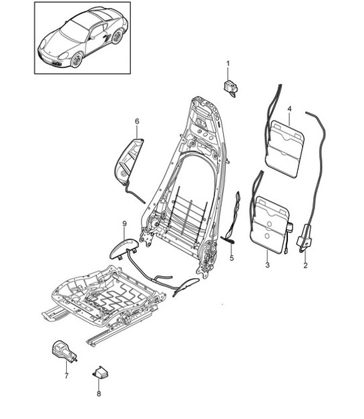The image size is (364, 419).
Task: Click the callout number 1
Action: tap(227, 63)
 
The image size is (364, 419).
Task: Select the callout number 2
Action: tap(305, 266)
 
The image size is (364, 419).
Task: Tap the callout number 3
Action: tap(266, 266)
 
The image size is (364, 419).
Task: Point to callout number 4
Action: tap(289, 108)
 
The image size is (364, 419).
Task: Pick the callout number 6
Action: tap(137, 121)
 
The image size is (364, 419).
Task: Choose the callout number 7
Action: tap(66, 376)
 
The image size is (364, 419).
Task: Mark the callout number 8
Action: tap(98, 394)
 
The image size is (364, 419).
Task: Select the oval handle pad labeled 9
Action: tap(124, 246)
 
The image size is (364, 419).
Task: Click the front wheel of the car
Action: tap(77, 61)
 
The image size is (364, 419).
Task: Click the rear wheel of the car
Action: tap(117, 37)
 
